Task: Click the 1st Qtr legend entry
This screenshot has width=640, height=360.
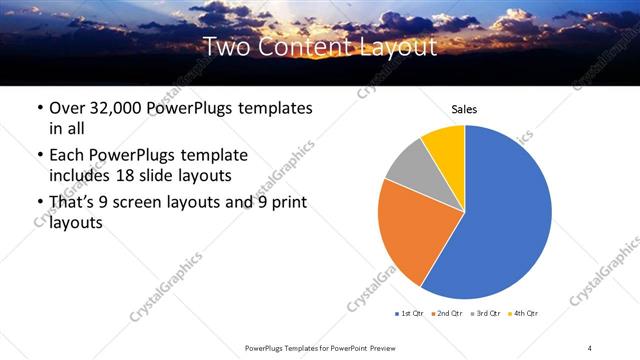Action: point(411,313)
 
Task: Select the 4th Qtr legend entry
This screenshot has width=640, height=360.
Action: point(526,313)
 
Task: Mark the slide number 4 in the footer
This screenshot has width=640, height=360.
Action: point(590,347)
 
